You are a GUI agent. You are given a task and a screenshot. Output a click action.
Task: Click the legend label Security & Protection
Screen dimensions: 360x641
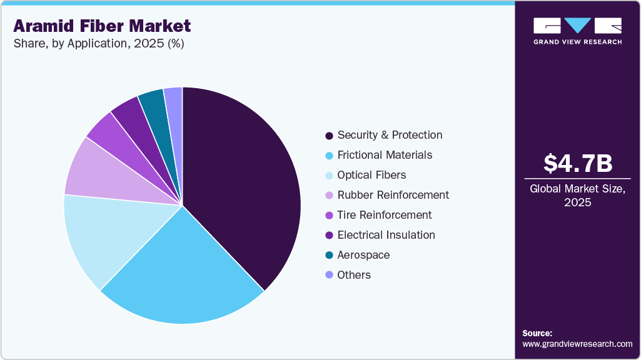390,135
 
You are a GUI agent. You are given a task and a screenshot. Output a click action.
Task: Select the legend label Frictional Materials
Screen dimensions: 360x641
385,155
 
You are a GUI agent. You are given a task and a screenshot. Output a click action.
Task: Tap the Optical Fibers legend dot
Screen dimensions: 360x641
329,176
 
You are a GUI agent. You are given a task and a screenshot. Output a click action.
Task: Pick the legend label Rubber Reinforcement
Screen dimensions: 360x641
393,195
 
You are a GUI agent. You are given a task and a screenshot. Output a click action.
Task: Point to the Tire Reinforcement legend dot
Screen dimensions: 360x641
329,216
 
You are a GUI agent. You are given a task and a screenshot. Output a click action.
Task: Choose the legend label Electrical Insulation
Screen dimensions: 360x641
386,235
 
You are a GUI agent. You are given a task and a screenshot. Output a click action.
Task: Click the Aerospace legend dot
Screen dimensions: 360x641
329,256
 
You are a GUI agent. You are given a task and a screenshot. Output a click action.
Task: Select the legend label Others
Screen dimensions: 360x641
354,275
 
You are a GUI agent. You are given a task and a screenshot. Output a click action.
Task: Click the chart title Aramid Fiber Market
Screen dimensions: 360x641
102,26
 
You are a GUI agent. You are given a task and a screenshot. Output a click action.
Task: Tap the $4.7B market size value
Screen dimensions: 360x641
577,163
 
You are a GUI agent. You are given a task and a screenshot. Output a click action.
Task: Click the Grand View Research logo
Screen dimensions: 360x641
577,31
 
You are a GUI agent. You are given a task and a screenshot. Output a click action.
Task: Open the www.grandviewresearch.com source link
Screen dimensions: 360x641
577,344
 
